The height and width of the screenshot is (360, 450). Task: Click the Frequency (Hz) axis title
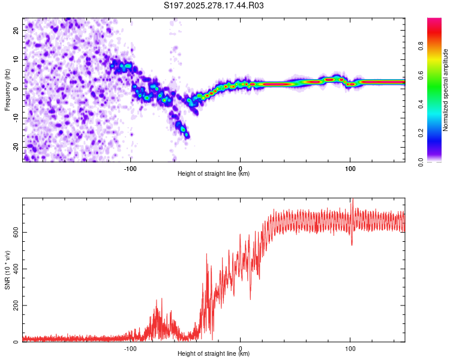point(7,89)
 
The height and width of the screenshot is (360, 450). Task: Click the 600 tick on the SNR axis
point(14,232)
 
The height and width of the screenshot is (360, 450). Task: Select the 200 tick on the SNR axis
point(14,305)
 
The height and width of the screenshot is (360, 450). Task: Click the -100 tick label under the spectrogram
point(131,167)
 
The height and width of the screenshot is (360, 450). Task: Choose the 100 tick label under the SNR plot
point(350,348)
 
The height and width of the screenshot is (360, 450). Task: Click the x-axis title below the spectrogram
point(214,174)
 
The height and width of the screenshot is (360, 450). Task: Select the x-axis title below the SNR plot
point(214,354)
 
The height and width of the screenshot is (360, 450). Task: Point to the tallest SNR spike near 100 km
point(352,200)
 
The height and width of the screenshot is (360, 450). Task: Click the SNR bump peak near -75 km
point(160,299)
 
